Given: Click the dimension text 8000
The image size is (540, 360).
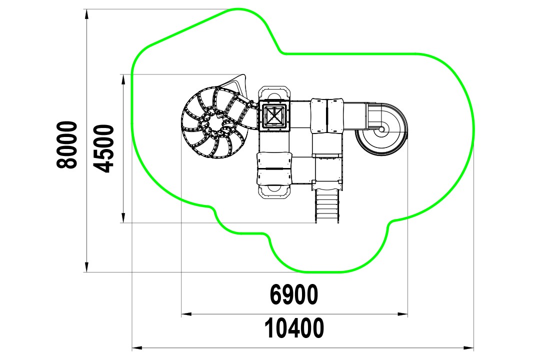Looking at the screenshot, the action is (x=66, y=144).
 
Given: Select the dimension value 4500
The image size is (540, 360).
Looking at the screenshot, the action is (x=103, y=148).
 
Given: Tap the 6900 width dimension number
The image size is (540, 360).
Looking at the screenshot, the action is (x=294, y=295).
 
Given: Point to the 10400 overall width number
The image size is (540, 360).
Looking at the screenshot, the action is (x=294, y=328).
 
